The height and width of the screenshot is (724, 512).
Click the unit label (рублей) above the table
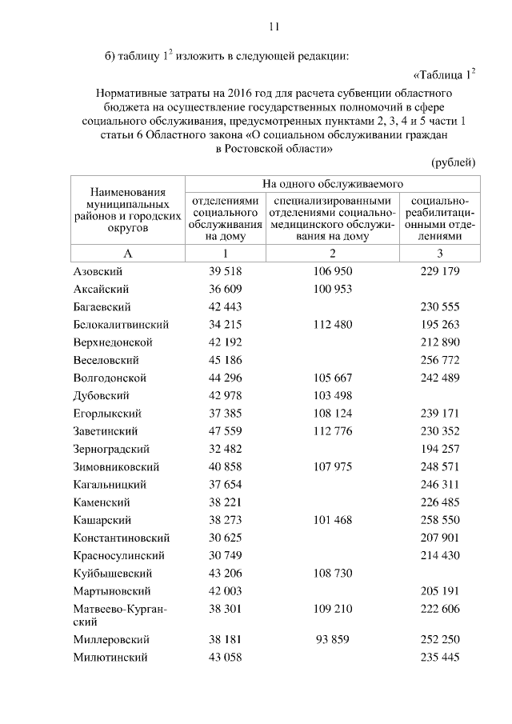pos(454,162)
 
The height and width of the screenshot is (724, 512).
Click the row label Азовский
pos(96,271)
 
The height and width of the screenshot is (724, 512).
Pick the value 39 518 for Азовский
pos(225,271)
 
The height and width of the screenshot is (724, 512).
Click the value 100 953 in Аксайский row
pos(332,289)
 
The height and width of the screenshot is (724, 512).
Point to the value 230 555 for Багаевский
pos(441,306)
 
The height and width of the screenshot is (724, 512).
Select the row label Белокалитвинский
pos(120,325)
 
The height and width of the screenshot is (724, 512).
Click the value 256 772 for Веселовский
pos(441,360)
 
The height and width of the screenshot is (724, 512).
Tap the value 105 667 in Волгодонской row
pos(332,378)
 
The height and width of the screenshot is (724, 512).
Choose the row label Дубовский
pos(101,395)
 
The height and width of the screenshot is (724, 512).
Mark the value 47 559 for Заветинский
pos(225,431)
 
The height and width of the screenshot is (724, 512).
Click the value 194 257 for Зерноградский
pos(441,449)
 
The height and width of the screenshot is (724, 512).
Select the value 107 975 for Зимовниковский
pos(332,466)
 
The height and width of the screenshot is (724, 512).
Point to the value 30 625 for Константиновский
pos(225,538)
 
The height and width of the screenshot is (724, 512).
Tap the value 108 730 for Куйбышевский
pos(332,574)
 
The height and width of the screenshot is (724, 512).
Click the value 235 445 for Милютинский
pos(441,658)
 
